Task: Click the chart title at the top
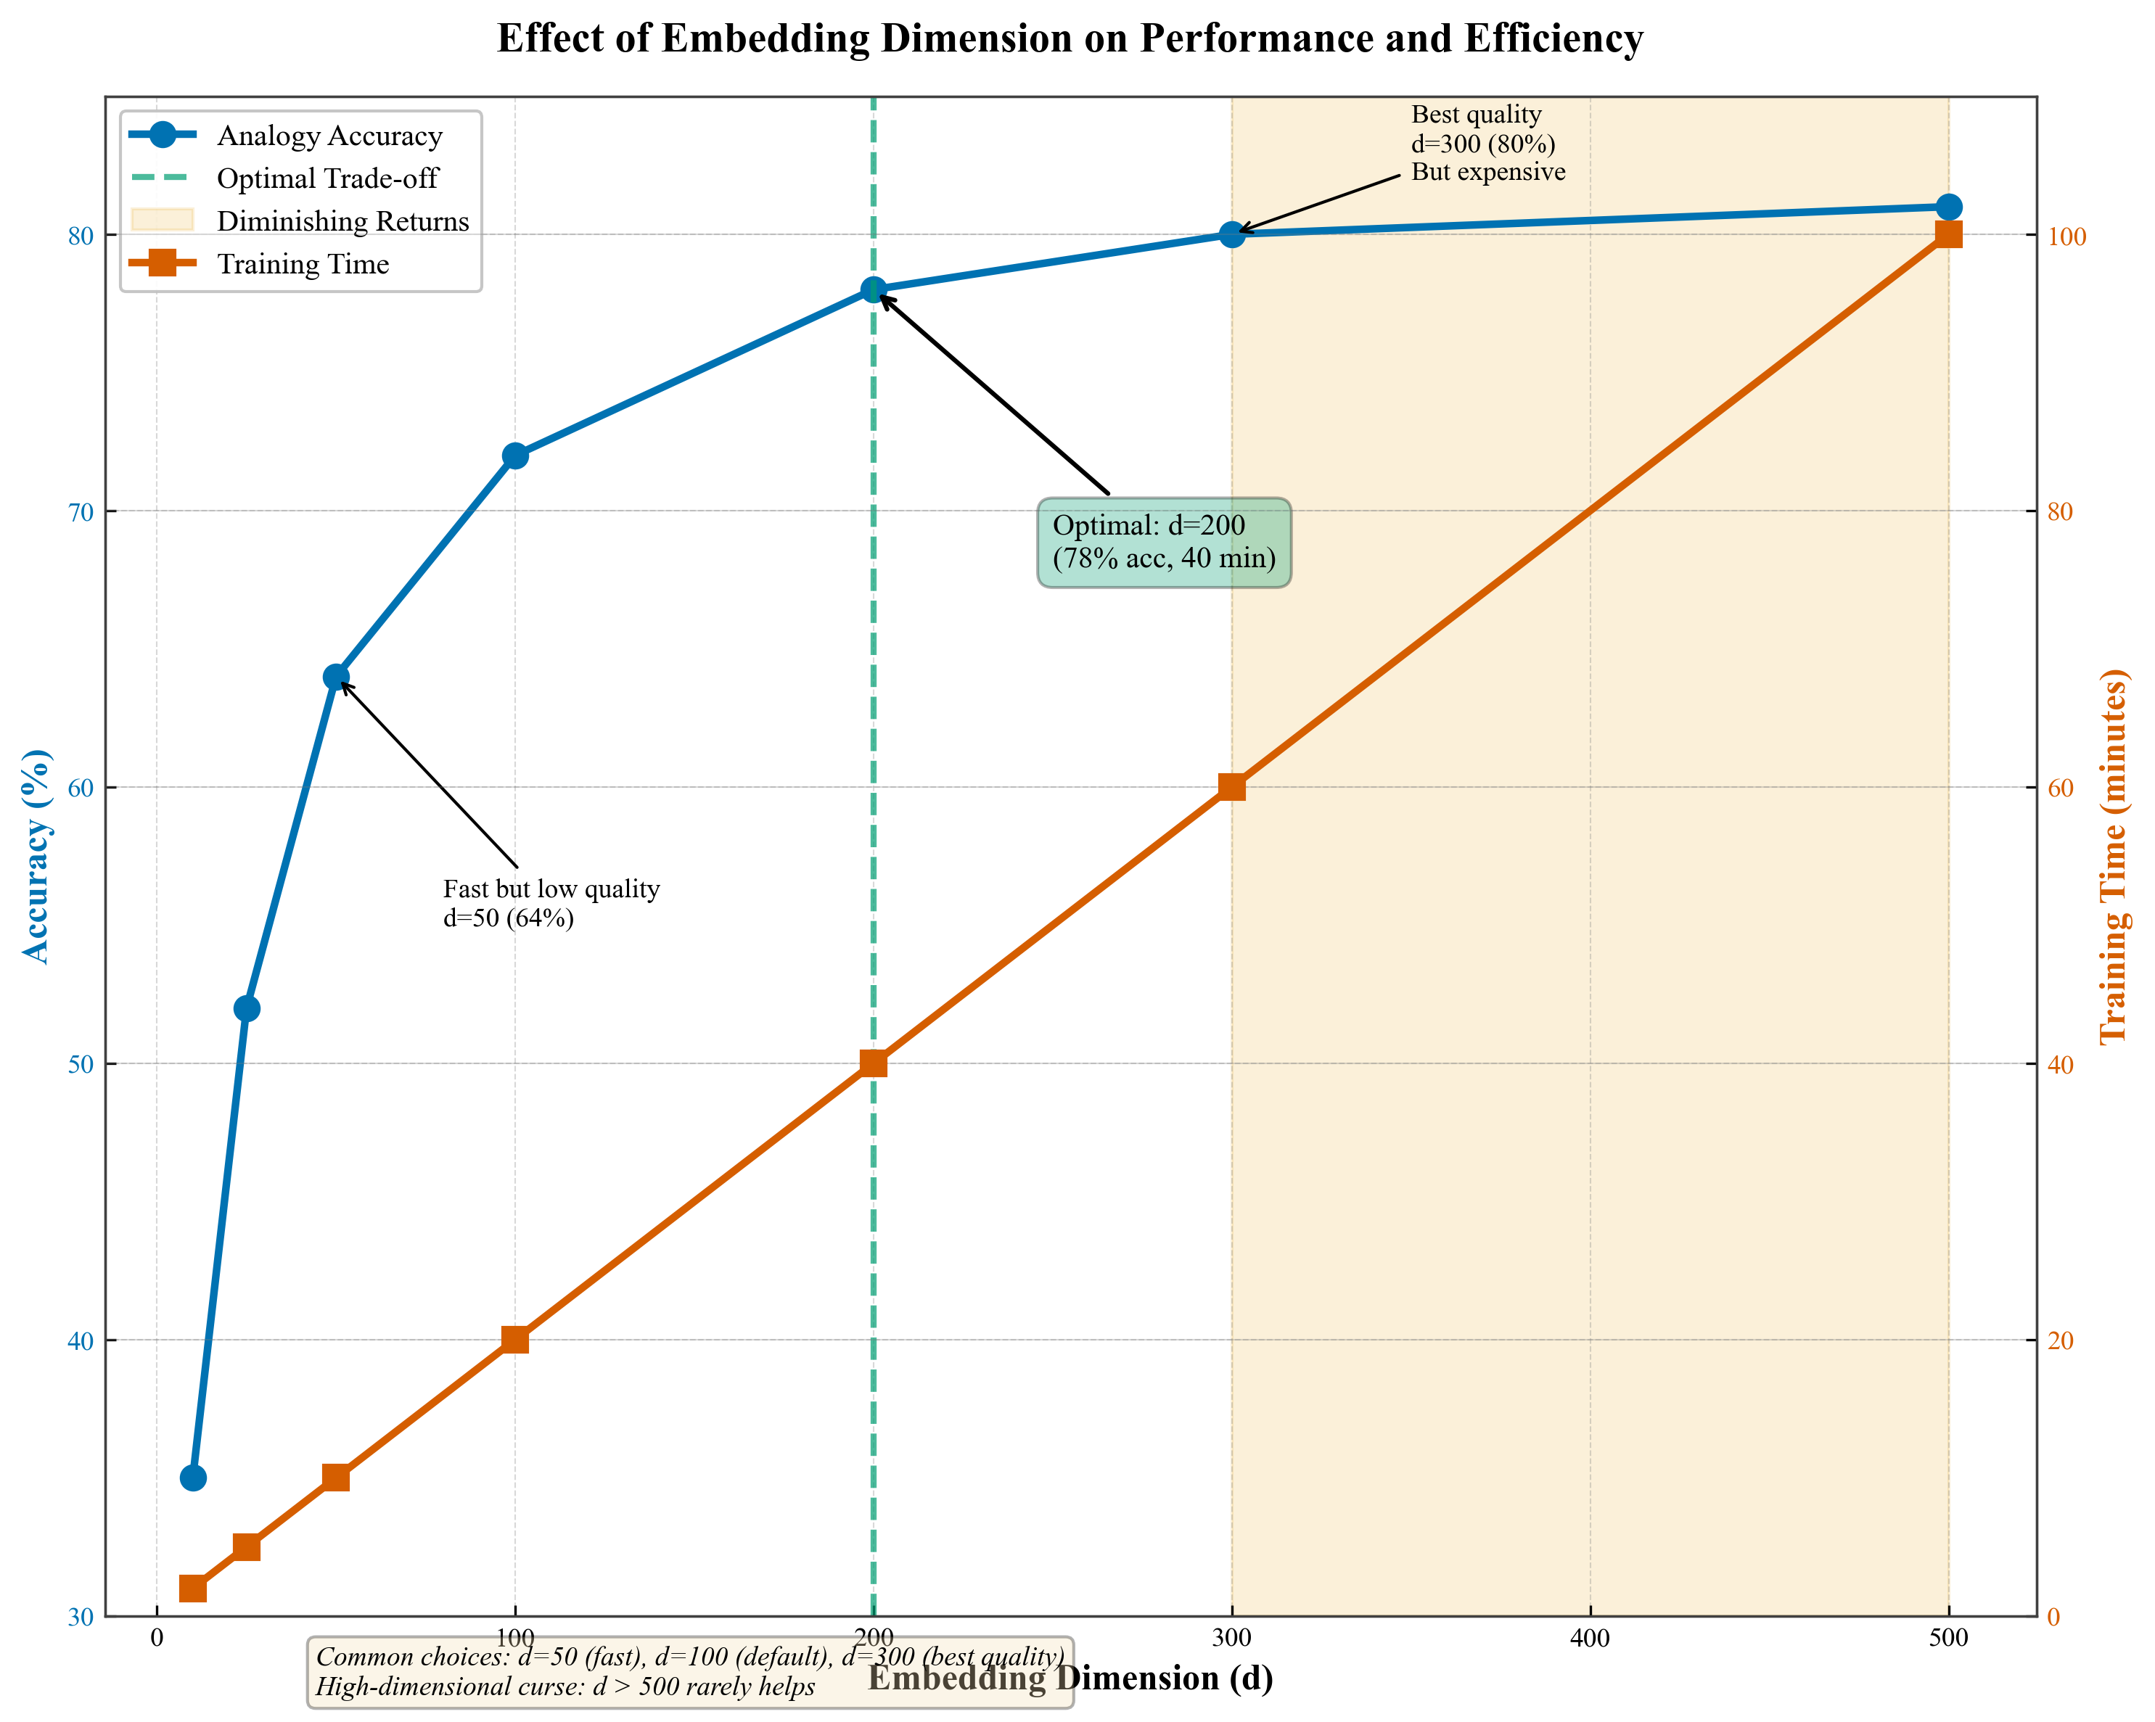(x=1070, y=39)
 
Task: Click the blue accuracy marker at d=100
(x=514, y=456)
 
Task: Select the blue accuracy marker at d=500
(x=1948, y=207)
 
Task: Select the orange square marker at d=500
(x=1948, y=235)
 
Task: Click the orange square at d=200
(x=873, y=1063)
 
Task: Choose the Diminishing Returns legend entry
(x=342, y=221)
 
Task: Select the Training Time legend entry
(x=303, y=264)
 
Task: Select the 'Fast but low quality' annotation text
(x=551, y=902)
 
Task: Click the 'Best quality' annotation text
(x=1487, y=144)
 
